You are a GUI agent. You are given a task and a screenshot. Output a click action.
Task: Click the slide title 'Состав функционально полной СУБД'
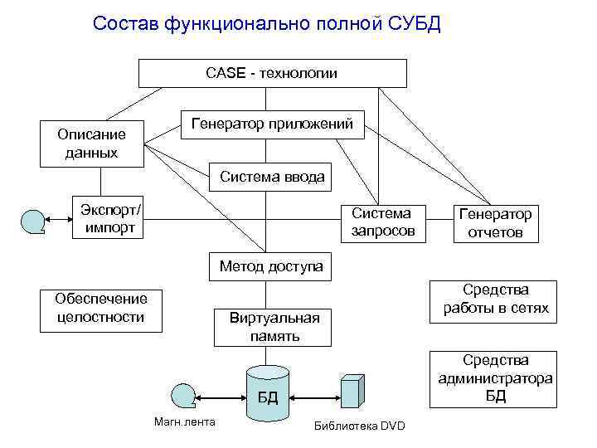pos(267,23)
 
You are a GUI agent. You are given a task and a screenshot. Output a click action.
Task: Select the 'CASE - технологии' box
pos(272,73)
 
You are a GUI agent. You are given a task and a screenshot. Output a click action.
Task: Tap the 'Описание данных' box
pos(91,144)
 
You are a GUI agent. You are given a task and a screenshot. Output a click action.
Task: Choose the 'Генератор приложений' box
pos(272,124)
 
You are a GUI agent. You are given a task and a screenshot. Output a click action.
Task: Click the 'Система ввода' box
pos(272,177)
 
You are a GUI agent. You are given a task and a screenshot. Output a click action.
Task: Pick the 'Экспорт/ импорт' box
pos(111,217)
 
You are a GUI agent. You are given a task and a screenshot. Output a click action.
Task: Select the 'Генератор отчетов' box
pos(495,223)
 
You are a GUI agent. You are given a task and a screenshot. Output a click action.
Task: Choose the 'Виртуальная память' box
pos(274,327)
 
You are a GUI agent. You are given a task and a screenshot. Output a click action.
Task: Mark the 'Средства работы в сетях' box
pos(495,299)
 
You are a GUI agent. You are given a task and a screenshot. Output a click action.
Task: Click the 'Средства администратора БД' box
pos(495,377)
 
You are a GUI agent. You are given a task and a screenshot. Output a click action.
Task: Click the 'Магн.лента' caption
pos(185,422)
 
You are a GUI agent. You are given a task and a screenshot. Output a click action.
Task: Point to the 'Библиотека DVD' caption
pos(360,426)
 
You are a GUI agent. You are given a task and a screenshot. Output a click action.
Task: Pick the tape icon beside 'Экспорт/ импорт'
pos(32,221)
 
